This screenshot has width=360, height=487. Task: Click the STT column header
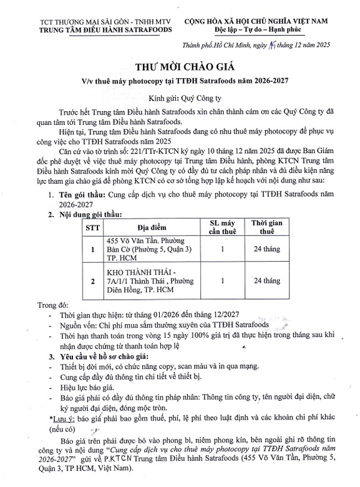(x=92, y=227)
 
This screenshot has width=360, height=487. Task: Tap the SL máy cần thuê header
(x=223, y=227)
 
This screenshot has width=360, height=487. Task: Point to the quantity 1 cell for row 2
(x=223, y=281)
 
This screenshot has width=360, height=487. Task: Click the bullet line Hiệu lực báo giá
(x=87, y=387)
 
